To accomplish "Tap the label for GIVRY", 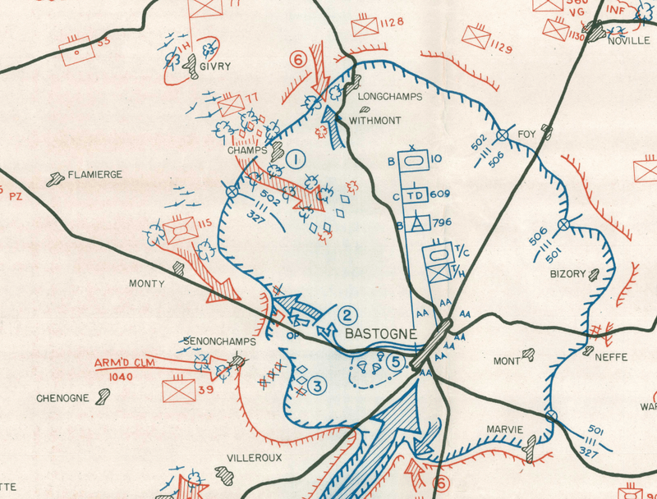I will [214, 67].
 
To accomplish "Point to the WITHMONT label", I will [375, 121].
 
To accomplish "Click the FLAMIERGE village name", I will [95, 174].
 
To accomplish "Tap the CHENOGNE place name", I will [62, 398].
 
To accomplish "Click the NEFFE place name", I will [610, 358].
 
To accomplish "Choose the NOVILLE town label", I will [628, 41].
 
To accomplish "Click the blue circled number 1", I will [296, 158].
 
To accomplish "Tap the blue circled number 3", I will [319, 383].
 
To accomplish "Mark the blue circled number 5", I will [396, 360].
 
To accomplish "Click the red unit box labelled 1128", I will [364, 27].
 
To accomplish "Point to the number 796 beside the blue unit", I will [443, 222].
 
